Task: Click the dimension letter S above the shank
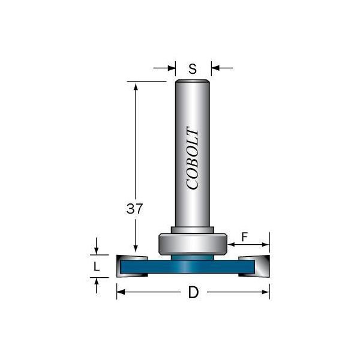pos(193,68)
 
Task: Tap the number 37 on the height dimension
pos(134,209)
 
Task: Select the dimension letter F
pos(245,237)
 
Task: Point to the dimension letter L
pos(97,266)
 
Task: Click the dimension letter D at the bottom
pos(193,293)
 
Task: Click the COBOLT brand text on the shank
pos(193,158)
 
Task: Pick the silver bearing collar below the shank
pos(193,244)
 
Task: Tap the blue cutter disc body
pos(187,266)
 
